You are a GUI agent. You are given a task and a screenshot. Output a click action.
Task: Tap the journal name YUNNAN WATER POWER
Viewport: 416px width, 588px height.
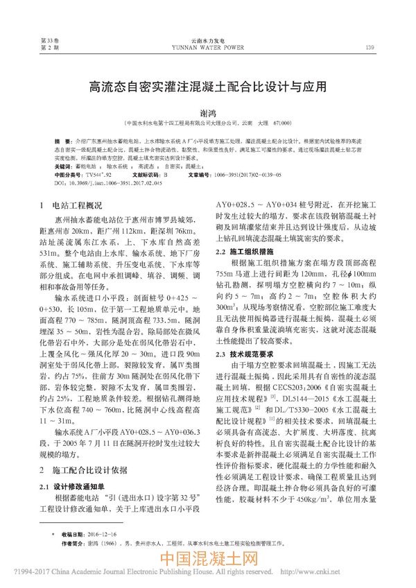tap(207, 49)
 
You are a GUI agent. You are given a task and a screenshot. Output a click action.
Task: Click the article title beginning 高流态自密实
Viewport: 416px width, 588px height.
tap(207, 89)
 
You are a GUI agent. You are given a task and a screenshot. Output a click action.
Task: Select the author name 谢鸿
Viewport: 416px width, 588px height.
tap(207, 111)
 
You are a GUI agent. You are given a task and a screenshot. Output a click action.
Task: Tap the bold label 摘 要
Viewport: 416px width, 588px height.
tap(63, 140)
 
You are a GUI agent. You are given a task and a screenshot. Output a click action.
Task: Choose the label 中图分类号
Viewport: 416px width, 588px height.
tap(68, 176)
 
